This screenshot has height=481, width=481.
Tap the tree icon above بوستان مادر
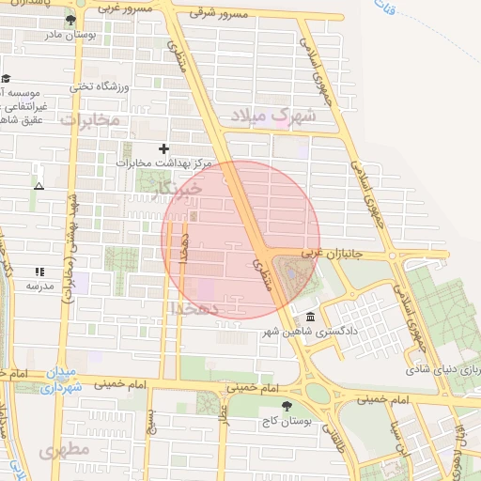pos(70,19)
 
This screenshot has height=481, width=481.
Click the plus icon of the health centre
pos(164,148)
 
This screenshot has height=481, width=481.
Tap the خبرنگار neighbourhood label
pos(178,192)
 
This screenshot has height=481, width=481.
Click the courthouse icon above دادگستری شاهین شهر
pos(310,317)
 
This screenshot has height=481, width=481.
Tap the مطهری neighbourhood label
pos(64,451)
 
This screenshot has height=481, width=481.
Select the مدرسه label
pos(39,284)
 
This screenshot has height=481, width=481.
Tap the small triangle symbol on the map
pos(39,186)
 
